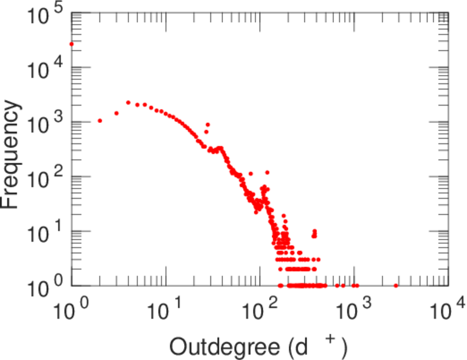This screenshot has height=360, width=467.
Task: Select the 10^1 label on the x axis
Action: coord(166,313)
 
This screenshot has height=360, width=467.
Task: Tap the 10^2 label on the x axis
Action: coord(260,313)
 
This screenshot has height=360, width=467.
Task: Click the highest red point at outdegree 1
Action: coord(71,44)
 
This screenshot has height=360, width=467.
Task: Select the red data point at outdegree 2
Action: coord(100,121)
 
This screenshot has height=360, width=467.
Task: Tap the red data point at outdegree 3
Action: coord(116,113)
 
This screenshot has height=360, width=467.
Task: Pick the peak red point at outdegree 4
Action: coord(128,103)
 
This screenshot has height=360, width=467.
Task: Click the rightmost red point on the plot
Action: coord(396,286)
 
